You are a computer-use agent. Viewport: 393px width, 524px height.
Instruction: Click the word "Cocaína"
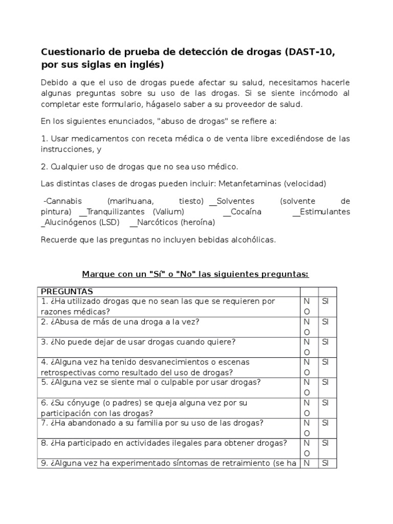click(246, 212)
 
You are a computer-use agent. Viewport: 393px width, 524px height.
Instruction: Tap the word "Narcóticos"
click(158, 223)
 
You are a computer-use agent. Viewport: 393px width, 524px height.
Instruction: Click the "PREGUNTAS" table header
click(64, 291)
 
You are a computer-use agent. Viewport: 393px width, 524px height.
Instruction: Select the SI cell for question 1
click(326, 301)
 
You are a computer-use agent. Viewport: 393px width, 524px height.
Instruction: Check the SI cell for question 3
click(326, 341)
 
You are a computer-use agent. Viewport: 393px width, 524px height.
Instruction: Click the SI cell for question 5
click(326, 382)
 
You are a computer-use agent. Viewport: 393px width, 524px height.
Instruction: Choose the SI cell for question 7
click(326, 423)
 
